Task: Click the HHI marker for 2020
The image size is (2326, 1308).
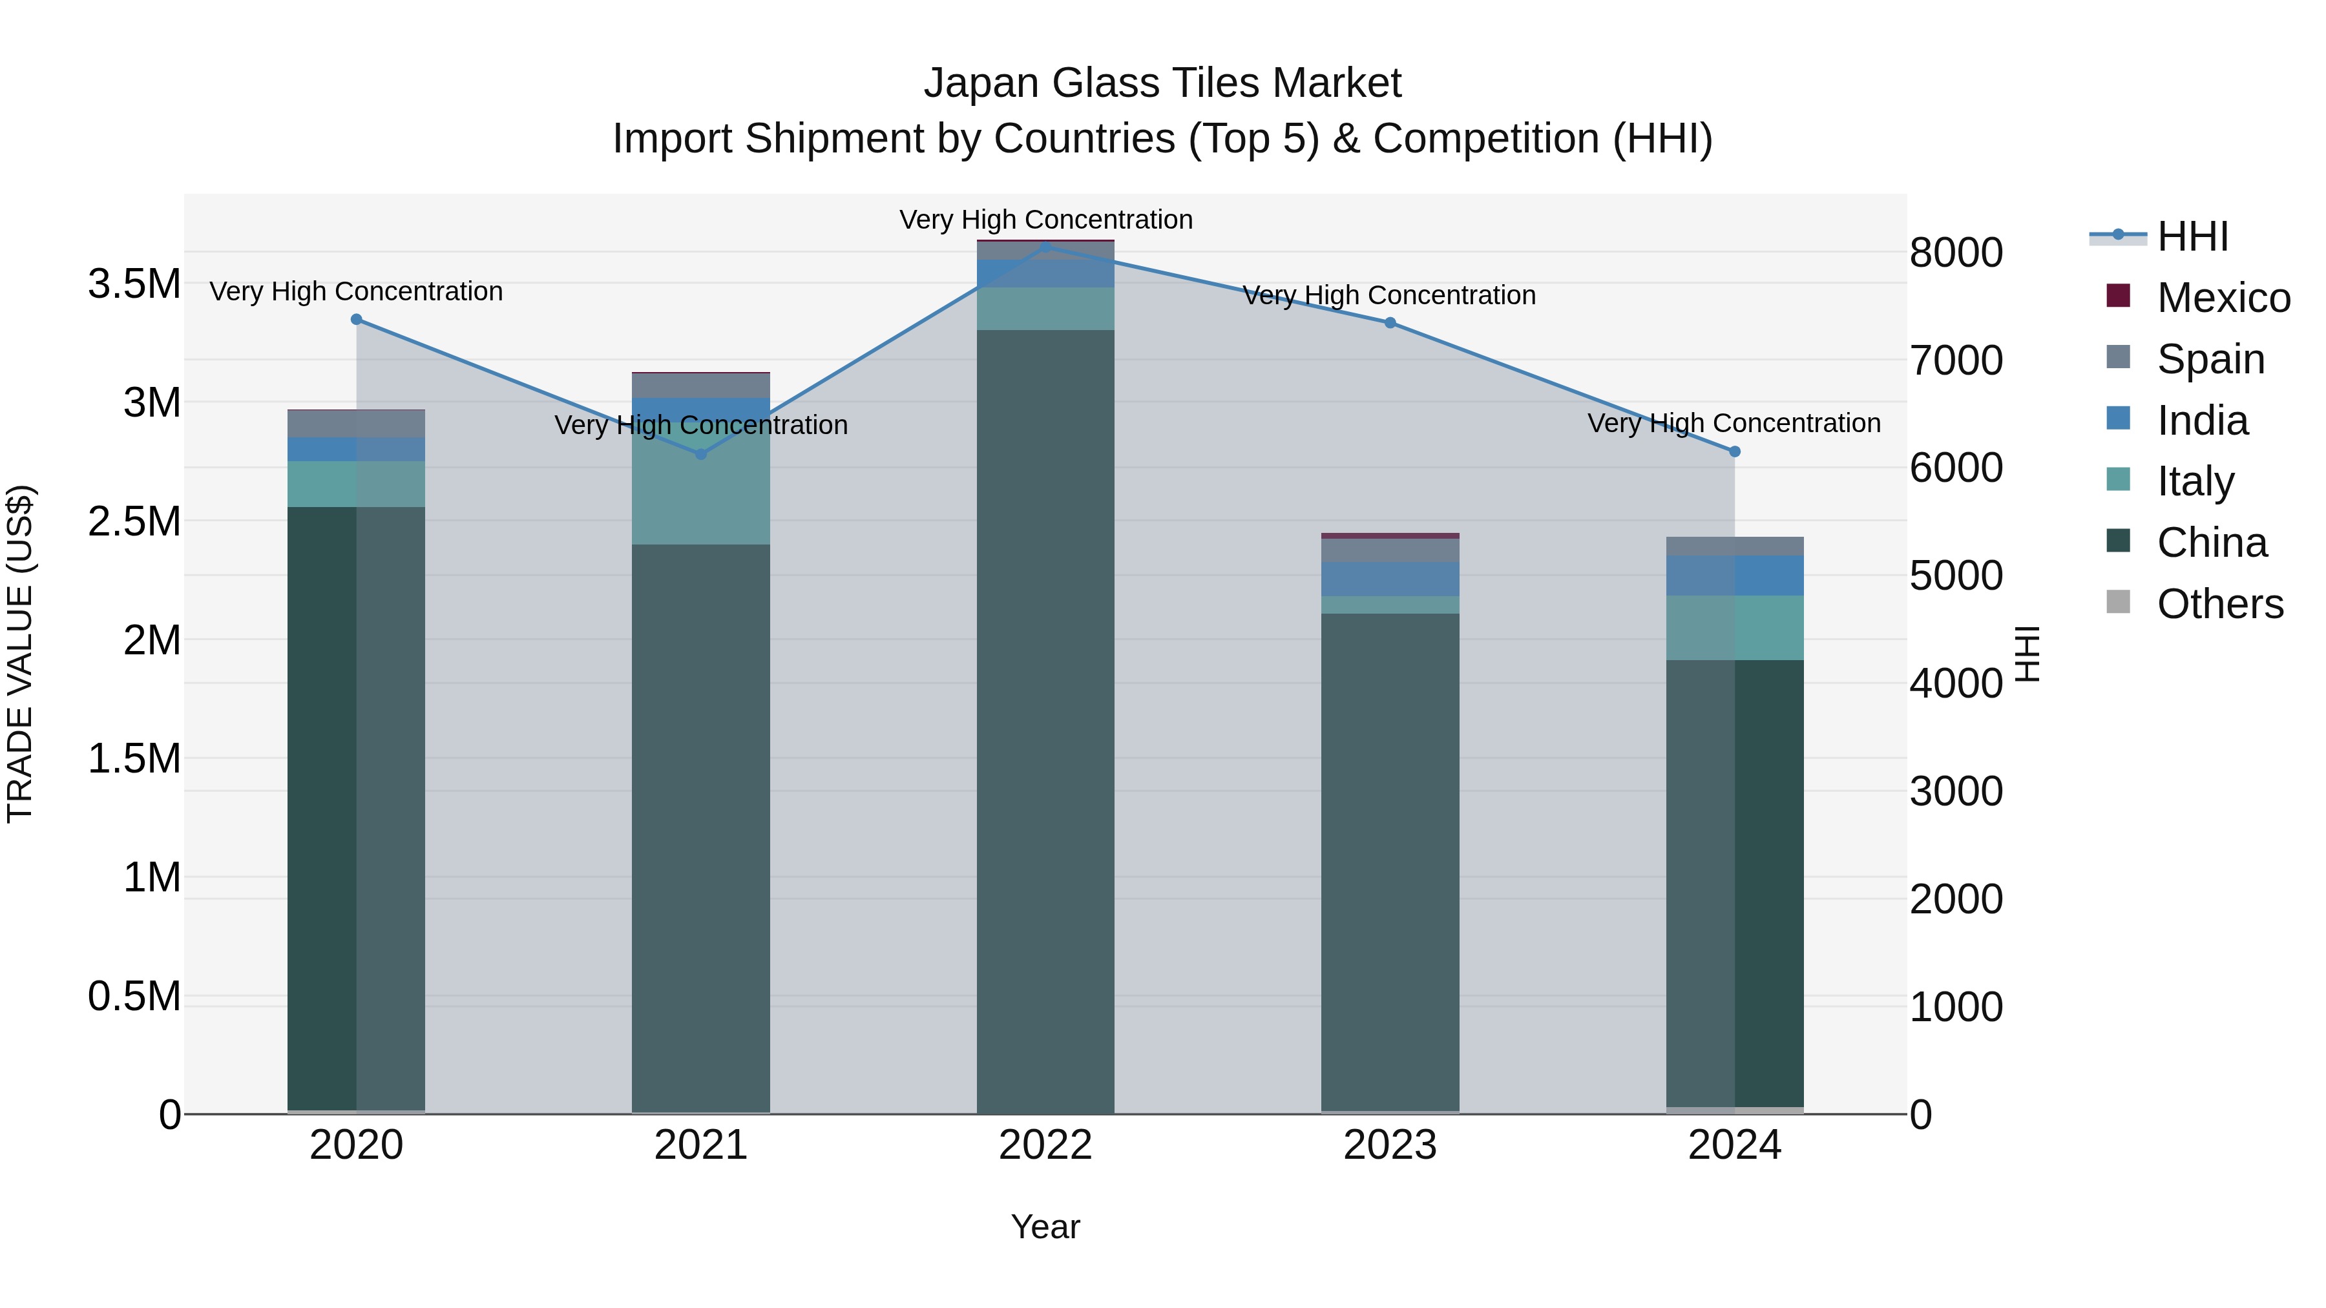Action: click(x=356, y=320)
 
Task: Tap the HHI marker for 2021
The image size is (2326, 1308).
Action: click(x=700, y=454)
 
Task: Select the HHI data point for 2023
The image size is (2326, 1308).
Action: click(x=1390, y=323)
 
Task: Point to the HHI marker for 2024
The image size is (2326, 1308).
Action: click(x=1735, y=452)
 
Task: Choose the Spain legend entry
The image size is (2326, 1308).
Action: click(x=2210, y=359)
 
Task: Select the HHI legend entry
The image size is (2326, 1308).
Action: click(x=2192, y=236)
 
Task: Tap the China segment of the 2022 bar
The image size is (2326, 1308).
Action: click(x=1045, y=722)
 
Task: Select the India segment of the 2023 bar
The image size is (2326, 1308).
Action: click(x=1390, y=579)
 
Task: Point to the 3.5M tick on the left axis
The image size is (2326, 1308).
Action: click(x=134, y=284)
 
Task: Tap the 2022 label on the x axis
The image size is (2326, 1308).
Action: click(x=1045, y=1145)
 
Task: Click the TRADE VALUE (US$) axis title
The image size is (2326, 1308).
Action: click(x=20, y=654)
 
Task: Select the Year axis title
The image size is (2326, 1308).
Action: click(x=1045, y=1227)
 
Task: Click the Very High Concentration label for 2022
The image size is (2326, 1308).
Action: click(x=1045, y=220)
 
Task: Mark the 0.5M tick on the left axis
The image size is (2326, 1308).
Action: click(x=134, y=997)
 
